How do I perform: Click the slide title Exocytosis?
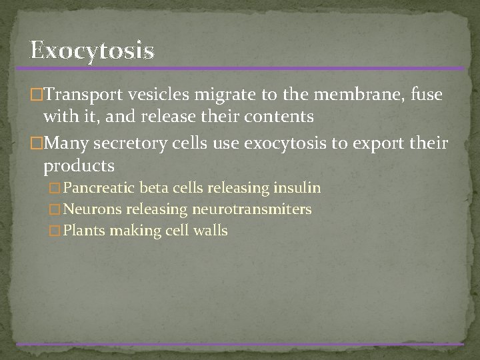(92, 51)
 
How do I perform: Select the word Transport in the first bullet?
(81, 95)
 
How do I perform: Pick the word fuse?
(426, 95)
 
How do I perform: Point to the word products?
(79, 166)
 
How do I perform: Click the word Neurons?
(92, 210)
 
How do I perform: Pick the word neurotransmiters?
(251, 210)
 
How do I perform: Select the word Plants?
(84, 231)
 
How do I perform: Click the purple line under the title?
(240, 68)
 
